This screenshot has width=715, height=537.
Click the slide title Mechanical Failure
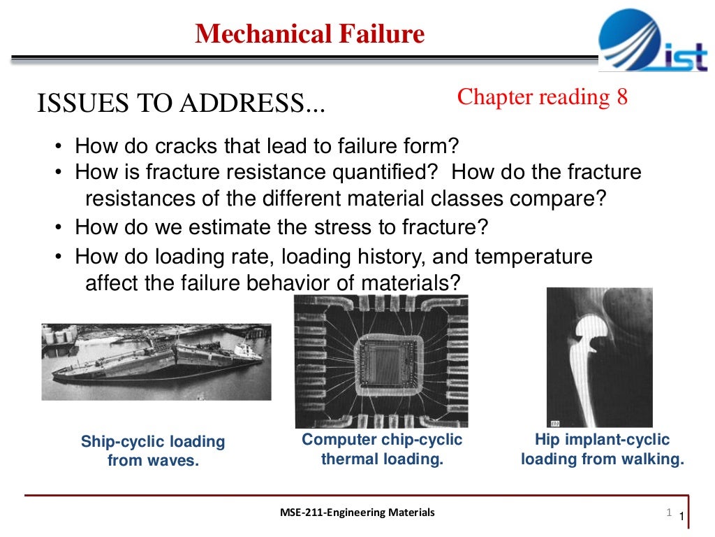(309, 34)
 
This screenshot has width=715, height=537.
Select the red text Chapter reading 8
(543, 97)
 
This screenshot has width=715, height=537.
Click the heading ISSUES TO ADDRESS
(181, 105)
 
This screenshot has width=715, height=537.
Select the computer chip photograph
(381, 360)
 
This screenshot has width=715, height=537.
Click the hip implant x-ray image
(599, 357)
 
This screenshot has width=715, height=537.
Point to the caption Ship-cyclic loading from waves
(153, 451)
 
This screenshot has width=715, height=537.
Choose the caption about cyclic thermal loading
(382, 450)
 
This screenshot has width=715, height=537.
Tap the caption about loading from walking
(602, 450)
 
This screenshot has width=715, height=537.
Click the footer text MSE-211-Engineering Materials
(356, 513)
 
